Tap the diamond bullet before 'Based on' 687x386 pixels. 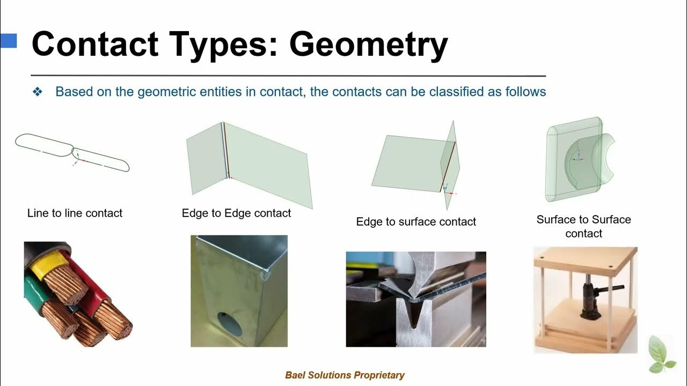38,92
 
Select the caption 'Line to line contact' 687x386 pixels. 75,213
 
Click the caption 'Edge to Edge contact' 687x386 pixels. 236,213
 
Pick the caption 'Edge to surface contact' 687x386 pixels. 416,221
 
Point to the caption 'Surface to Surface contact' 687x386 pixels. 583,226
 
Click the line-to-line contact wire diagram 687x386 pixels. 72,152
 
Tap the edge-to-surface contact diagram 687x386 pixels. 416,163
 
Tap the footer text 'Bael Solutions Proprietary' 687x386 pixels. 345,375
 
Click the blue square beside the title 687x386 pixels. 9,41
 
